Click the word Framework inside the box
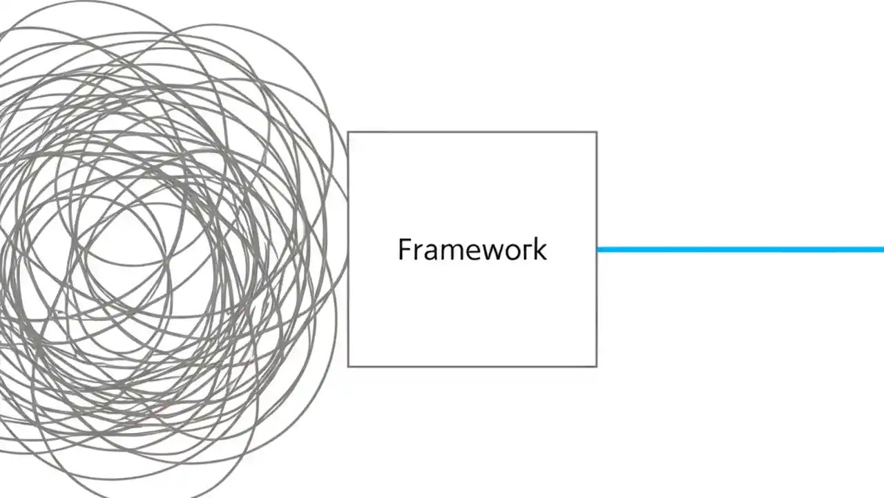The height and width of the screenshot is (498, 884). [x=472, y=250]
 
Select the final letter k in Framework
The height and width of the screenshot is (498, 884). [x=540, y=249]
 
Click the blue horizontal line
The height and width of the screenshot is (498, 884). [x=739, y=250]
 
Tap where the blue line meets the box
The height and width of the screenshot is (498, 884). [x=598, y=250]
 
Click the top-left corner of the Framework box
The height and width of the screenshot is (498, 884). [x=348, y=132]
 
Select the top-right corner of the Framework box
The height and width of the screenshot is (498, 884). [x=597, y=132]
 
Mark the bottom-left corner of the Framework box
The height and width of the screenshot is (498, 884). [x=348, y=366]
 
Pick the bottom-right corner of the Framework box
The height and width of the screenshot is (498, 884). [x=597, y=366]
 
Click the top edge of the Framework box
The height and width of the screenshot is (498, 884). [x=472, y=132]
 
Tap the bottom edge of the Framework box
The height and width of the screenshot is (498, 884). [x=472, y=366]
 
